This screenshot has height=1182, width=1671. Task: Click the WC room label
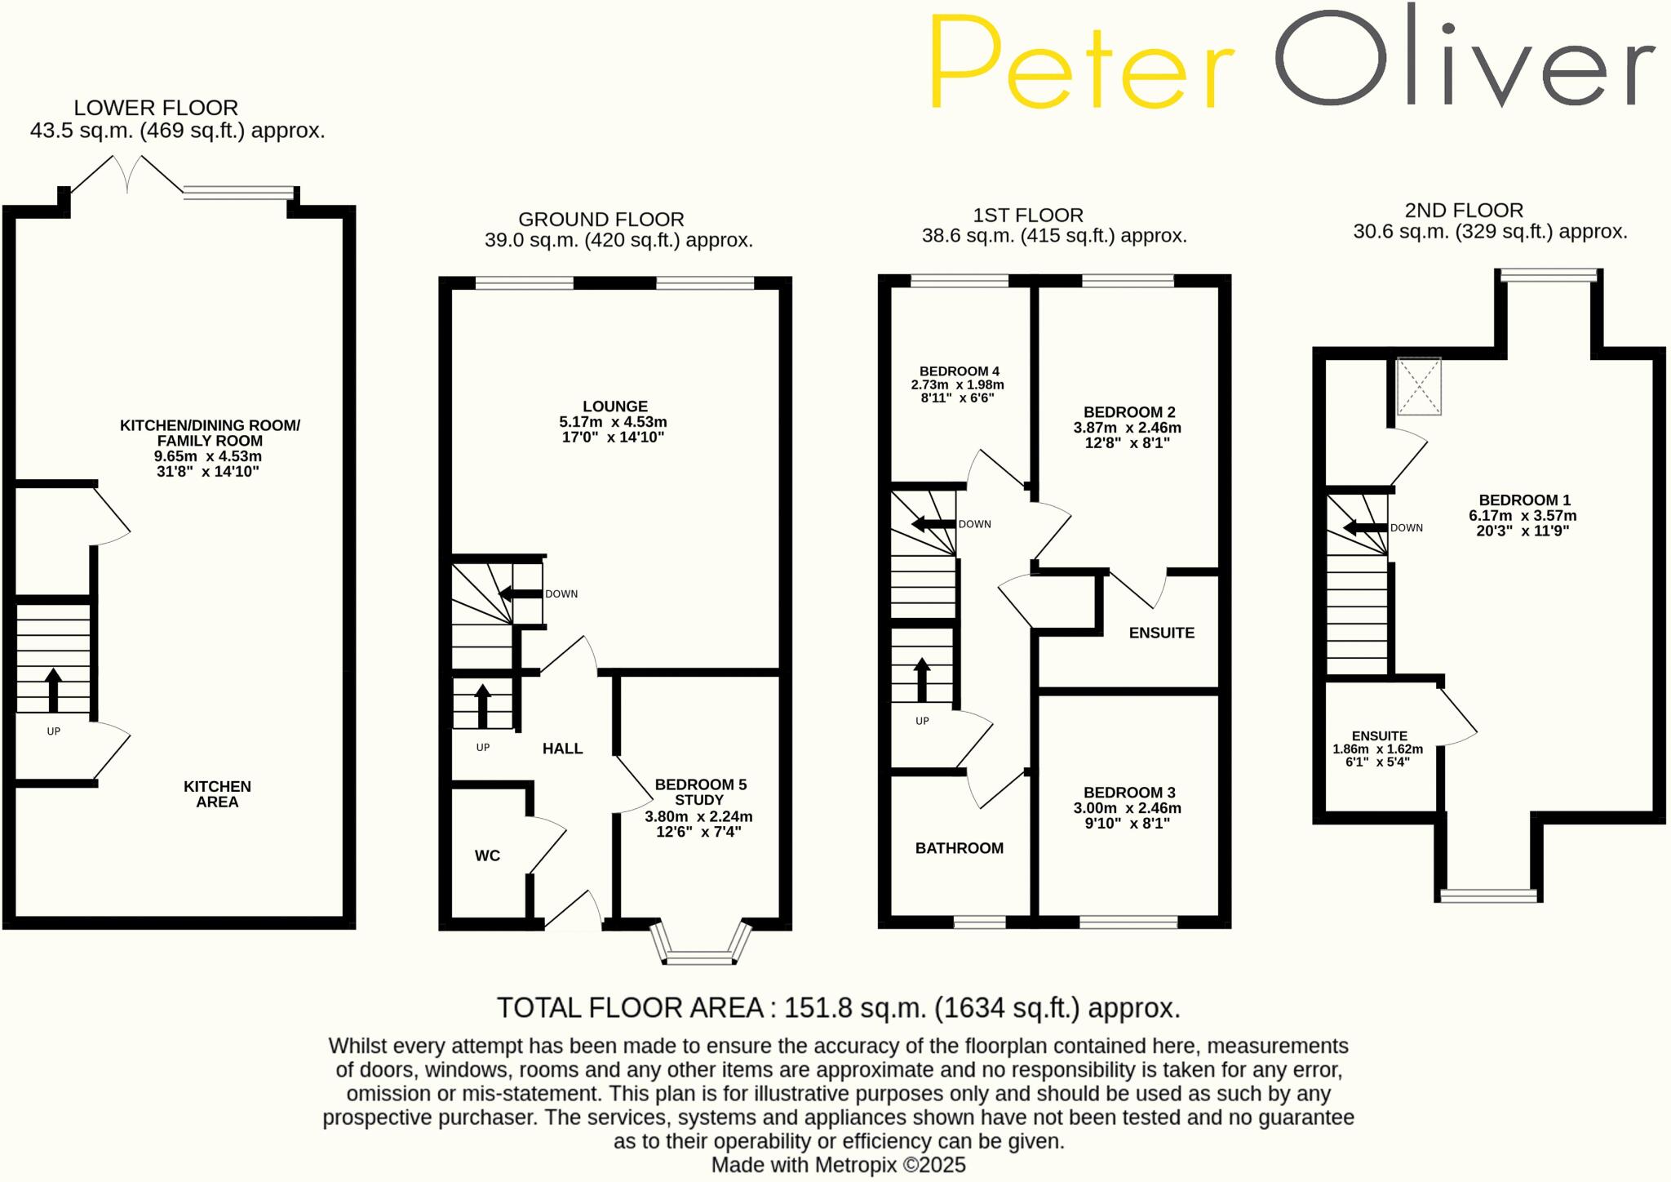pos(487,855)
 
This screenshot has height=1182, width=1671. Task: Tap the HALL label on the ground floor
pos(562,749)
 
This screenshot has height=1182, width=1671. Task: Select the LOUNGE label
pos(615,407)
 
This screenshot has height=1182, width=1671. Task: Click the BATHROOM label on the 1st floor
pos(960,848)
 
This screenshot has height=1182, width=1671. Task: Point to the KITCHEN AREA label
pos(217,794)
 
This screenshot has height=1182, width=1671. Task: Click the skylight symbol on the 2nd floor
pos(1419,386)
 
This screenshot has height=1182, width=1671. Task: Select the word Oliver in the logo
pos(1465,61)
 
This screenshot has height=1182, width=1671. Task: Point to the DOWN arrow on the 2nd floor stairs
pos(1364,528)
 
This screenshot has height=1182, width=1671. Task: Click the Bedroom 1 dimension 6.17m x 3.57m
pos(1523,516)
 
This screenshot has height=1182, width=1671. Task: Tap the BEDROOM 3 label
pos(1129,793)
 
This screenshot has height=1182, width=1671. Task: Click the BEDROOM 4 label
pos(959,371)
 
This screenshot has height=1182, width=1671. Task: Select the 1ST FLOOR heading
pos(1028,216)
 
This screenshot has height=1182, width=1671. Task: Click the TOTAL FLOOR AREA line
pos(838,1008)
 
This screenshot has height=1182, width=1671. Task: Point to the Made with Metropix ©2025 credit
pos(838,1165)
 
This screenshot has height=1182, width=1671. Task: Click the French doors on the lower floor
pos(127,176)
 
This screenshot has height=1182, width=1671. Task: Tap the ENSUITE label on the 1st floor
pos(1161,633)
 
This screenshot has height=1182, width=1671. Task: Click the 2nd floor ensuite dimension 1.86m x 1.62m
pos(1377,749)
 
